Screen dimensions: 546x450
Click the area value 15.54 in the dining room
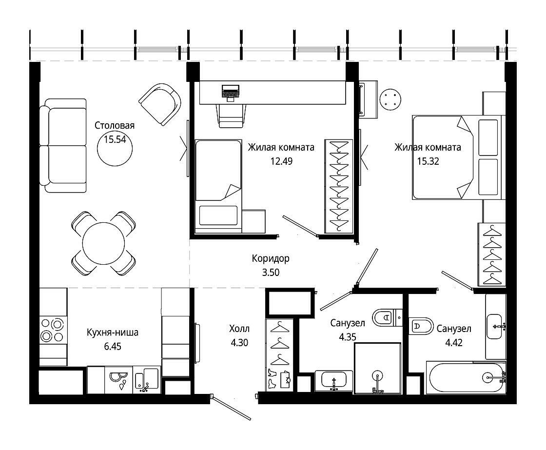115,139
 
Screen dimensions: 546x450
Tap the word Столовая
115,125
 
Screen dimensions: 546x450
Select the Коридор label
271,258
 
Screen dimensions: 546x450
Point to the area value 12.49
281,161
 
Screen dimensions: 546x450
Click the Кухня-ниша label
113,333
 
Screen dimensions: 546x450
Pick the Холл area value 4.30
239,343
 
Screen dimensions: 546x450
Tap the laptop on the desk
230,93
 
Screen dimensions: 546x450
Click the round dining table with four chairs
103,243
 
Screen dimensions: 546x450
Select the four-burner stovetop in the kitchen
52,330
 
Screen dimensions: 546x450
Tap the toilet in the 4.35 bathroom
387,318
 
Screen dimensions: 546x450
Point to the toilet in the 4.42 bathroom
421,326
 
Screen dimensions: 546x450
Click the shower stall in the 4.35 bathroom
377,369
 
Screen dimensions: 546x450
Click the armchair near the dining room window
160,104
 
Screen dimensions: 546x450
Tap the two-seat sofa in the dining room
63,146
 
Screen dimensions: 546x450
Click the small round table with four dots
390,99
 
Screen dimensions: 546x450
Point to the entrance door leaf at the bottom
231,407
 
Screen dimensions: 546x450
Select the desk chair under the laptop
231,116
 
